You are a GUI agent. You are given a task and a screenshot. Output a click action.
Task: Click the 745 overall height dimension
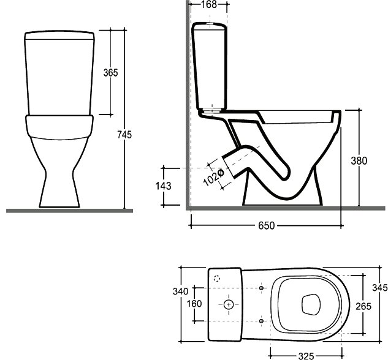(x=124, y=135)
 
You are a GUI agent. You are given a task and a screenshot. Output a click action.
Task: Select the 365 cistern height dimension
(x=110, y=73)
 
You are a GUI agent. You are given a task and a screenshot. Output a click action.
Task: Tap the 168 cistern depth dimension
(x=209, y=4)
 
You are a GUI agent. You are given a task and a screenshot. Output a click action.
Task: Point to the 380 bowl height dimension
(x=359, y=161)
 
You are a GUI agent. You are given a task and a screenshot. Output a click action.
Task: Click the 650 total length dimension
(x=266, y=225)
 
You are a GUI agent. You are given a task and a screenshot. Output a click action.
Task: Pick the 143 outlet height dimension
(x=163, y=186)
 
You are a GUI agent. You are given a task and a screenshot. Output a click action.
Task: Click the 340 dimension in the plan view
(x=180, y=291)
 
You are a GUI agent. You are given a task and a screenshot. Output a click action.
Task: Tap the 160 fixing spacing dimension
(x=194, y=304)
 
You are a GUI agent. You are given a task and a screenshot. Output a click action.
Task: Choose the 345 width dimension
(x=380, y=287)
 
